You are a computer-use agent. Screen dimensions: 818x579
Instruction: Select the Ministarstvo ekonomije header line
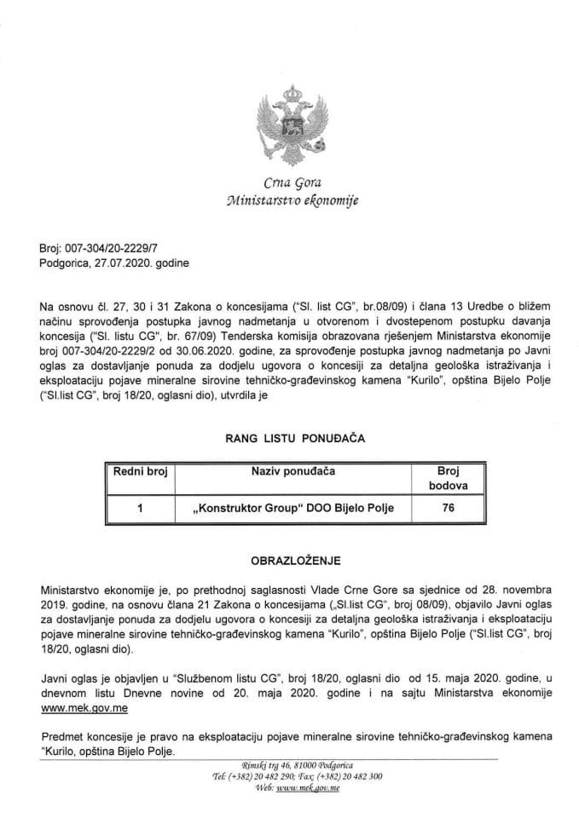pos(289,201)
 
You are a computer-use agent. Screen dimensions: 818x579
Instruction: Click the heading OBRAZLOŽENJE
pos(289,562)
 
